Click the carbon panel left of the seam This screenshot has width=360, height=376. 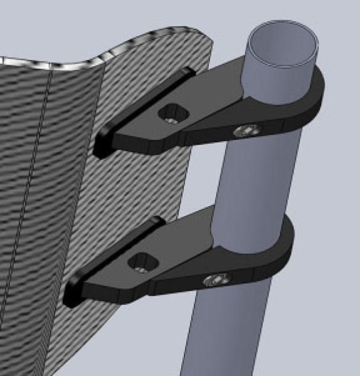click(16, 188)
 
